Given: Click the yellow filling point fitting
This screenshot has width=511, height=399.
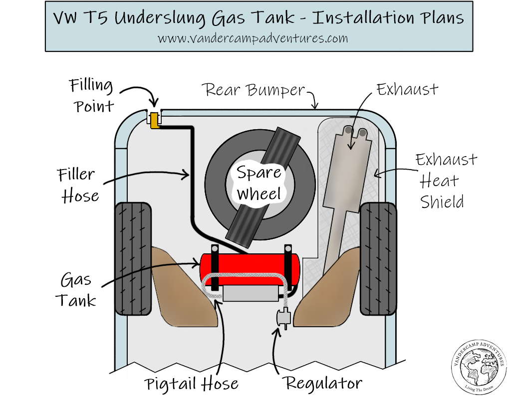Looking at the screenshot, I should click(154, 120).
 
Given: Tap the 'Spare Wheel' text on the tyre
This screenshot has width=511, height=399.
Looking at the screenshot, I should click(259, 183).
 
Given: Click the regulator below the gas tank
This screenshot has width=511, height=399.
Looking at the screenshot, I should click(282, 317).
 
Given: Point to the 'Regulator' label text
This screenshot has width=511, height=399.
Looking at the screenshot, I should click(323, 383).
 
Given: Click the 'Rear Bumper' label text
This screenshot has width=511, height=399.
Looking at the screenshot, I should click(253, 90).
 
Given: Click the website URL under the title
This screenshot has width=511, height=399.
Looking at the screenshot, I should click(253, 38).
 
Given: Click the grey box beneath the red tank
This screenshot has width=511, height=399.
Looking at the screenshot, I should click(251, 294).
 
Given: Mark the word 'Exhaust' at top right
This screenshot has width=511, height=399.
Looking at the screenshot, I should click(407, 90).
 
